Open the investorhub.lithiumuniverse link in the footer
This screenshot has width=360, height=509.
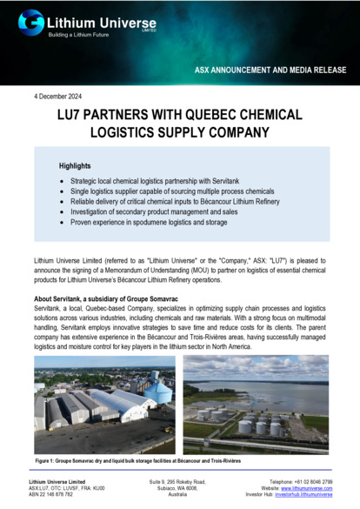304,494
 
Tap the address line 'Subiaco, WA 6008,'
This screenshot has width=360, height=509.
181,487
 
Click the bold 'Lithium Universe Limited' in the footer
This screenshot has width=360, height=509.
57,480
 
